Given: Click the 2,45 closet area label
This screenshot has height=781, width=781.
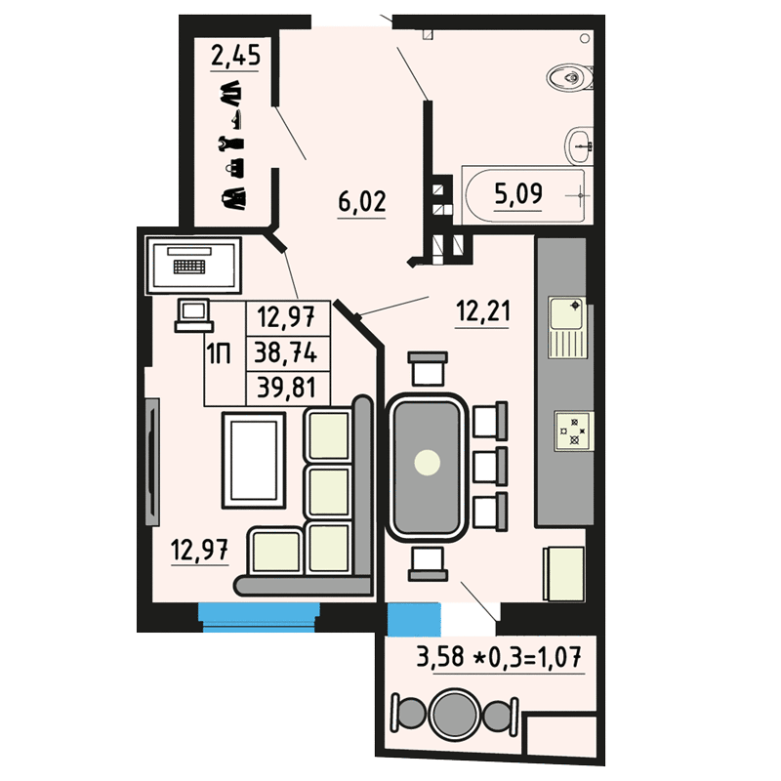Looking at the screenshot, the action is click(x=235, y=55).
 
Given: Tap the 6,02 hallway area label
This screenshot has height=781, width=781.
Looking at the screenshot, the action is click(x=362, y=202).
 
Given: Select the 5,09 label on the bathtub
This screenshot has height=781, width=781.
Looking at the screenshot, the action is click(x=518, y=193).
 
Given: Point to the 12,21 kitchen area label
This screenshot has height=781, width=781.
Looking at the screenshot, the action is click(x=483, y=311).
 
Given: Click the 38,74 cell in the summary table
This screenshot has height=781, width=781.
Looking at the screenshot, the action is click(x=286, y=353).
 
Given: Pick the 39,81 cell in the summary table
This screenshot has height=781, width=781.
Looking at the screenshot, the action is click(x=286, y=388).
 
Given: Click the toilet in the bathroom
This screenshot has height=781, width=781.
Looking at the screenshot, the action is click(x=570, y=78).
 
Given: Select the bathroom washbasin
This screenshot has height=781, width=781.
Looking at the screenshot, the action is click(x=579, y=145).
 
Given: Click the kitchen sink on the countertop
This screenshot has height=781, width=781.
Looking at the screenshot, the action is click(x=567, y=327).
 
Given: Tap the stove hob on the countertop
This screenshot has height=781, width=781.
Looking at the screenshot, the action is click(x=573, y=431).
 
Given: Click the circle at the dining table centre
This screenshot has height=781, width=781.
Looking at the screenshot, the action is click(x=428, y=463).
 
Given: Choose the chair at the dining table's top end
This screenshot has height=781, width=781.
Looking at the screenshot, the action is click(x=428, y=368).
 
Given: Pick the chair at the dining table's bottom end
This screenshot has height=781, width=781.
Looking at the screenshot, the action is click(x=428, y=563).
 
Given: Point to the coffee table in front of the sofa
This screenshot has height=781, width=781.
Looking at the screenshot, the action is click(x=254, y=460).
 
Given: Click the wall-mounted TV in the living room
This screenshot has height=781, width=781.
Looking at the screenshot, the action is click(x=152, y=462).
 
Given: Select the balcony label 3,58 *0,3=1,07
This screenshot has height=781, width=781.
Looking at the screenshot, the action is click(x=499, y=657).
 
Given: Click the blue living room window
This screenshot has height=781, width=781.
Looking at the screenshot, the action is click(x=259, y=618).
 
